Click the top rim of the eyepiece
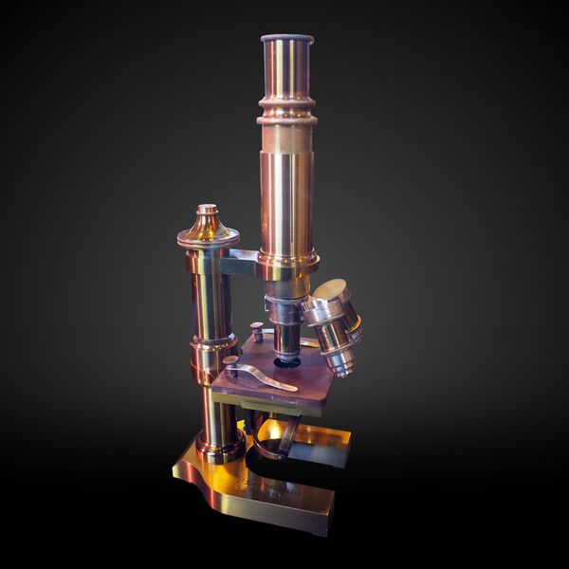tap(287, 39)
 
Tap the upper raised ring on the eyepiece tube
tap(286, 100)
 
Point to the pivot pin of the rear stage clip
tap(257, 329)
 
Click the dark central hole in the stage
tap(287, 361)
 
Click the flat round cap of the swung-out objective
tap(331, 292)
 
